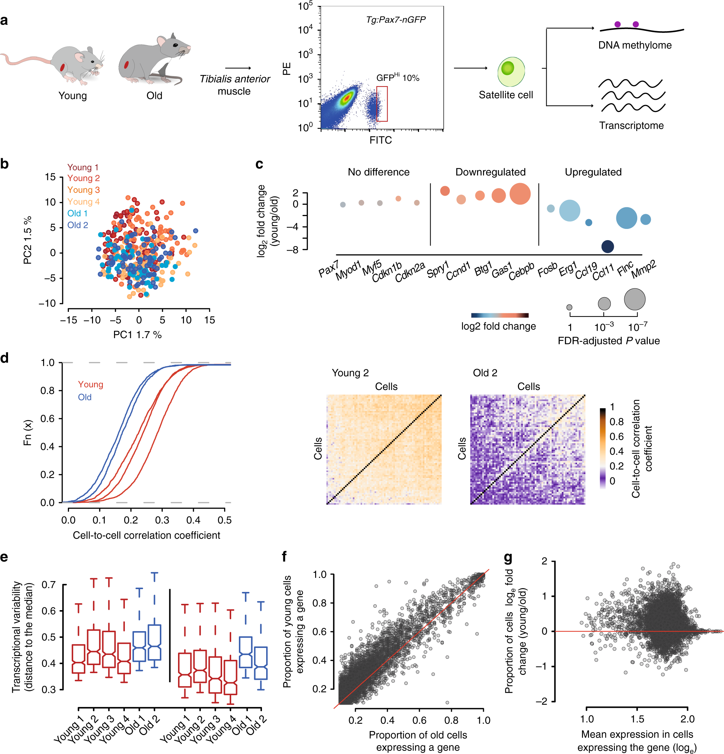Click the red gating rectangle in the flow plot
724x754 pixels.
point(382,104)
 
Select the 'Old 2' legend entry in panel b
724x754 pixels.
point(78,225)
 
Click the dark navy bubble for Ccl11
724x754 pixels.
point(607,246)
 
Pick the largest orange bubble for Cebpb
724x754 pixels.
point(520,194)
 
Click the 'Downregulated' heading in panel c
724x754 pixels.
point(490,172)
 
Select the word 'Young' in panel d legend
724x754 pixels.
point(90,384)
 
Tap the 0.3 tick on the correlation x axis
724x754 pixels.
point(162,520)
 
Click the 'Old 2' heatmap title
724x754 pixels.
point(485,373)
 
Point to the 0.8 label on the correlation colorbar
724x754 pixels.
point(616,421)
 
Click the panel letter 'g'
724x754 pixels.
point(508,557)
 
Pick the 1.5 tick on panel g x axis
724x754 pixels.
point(637,719)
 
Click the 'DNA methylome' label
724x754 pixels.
point(635,45)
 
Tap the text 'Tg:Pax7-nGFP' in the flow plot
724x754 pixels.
point(396,20)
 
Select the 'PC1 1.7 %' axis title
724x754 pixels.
point(137,335)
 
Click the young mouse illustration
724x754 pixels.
point(65,63)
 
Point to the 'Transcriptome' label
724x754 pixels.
point(631,125)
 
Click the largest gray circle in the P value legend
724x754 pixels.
point(634,299)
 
